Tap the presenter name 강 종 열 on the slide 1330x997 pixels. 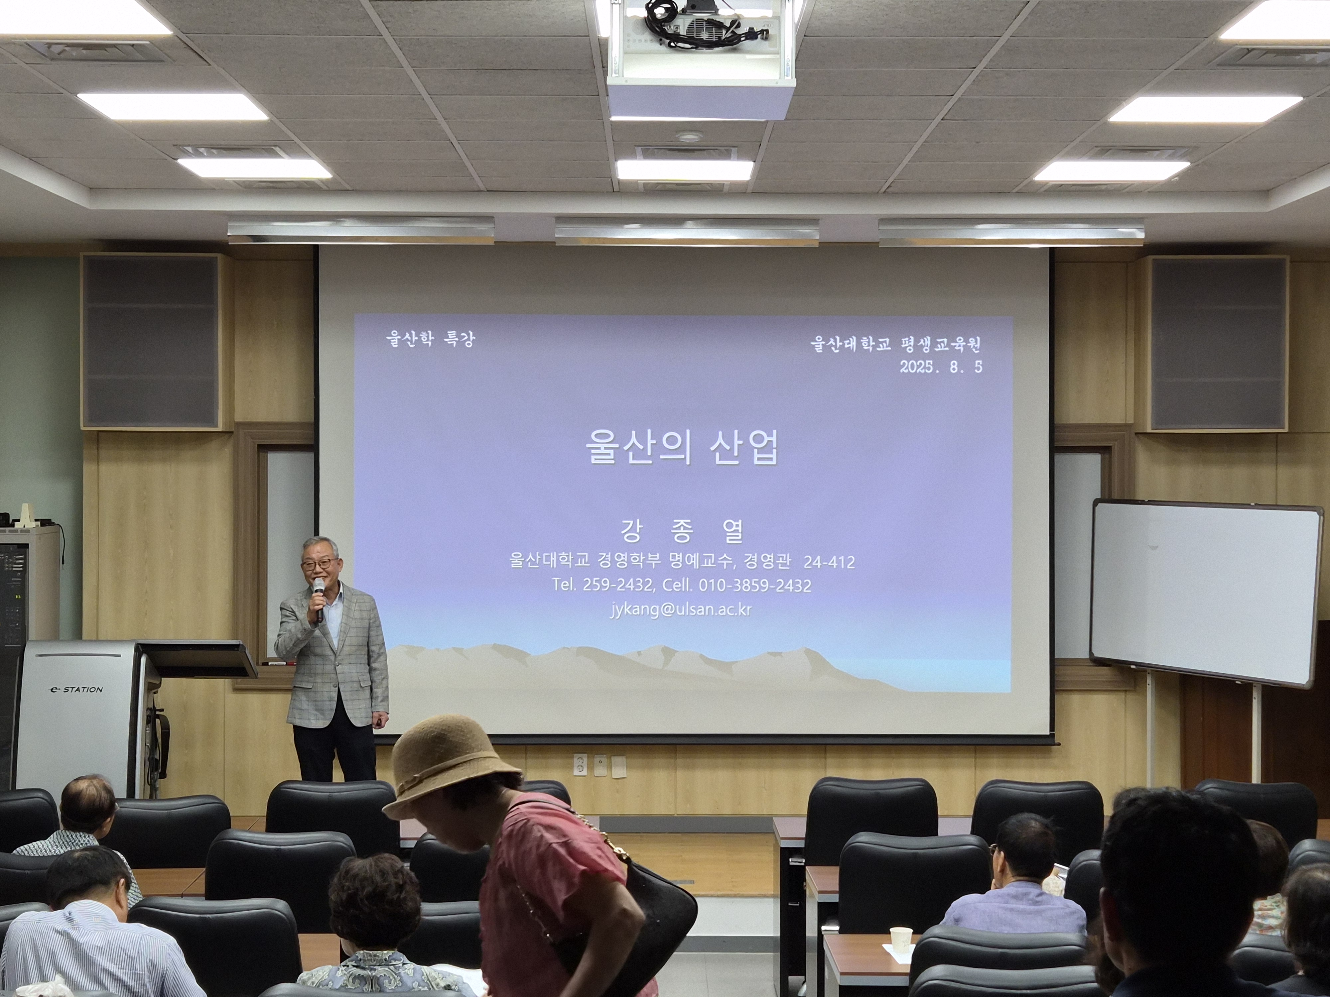tap(682, 531)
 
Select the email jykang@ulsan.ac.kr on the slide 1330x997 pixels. tap(681, 609)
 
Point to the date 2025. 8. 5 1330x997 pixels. tap(941, 367)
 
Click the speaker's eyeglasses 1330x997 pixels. tap(319, 564)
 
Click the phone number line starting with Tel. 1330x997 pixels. tap(682, 585)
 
